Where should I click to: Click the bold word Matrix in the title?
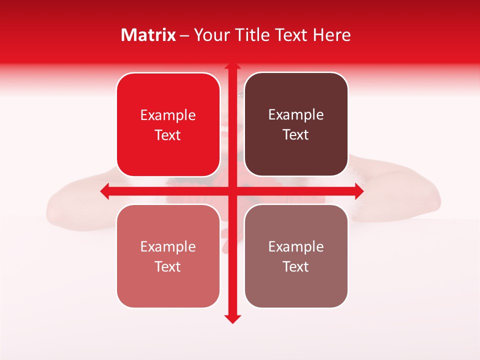click(x=148, y=35)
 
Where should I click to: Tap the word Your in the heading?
click(x=211, y=35)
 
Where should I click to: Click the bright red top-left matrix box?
click(x=168, y=125)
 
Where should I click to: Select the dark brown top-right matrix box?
click(x=296, y=124)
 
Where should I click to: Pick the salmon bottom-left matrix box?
click(x=168, y=256)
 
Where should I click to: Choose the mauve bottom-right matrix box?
click(x=296, y=256)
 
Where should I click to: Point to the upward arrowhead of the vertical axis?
click(x=232, y=66)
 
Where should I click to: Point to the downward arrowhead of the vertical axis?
click(x=232, y=318)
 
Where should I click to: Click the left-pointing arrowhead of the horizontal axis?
click(x=104, y=191)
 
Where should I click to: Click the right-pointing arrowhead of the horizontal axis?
click(x=359, y=191)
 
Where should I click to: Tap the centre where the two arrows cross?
click(x=232, y=191)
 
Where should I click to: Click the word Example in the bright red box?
click(x=168, y=115)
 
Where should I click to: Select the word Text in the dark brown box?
click(x=296, y=135)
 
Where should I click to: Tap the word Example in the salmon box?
click(x=168, y=247)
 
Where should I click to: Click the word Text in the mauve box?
click(x=296, y=267)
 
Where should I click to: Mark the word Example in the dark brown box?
click(x=296, y=115)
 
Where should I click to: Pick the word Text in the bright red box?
click(x=168, y=135)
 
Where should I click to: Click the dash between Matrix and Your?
click(x=184, y=35)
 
